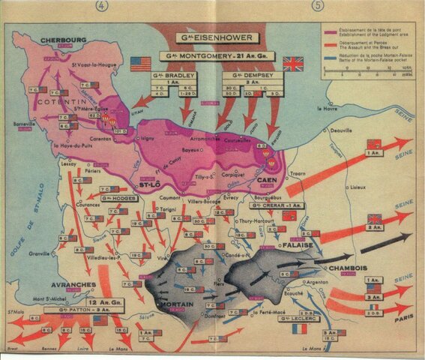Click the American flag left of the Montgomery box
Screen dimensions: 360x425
click(140, 64)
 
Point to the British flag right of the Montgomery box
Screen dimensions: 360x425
click(294, 64)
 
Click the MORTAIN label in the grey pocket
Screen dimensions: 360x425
click(177, 304)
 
